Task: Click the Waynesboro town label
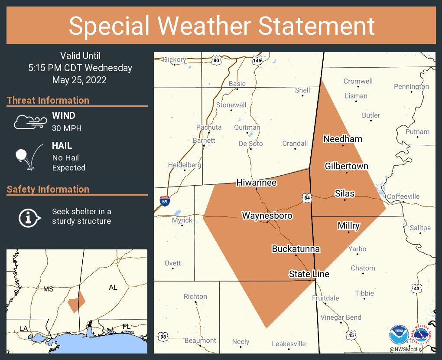point(267,216)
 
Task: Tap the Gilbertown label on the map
point(347,166)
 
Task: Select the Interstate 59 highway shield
point(165,201)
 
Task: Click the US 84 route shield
point(307,198)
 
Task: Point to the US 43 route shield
point(416,288)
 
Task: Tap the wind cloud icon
point(29,122)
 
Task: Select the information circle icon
point(29,217)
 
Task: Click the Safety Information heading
point(48,189)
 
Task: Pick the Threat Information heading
point(48,100)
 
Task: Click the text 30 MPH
point(67,128)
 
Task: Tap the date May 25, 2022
point(79,80)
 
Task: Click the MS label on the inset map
point(48,289)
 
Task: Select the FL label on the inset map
point(126,326)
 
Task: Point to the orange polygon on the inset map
point(76,302)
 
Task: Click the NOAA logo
point(398,334)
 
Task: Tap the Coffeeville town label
point(403,196)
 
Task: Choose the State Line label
point(309,274)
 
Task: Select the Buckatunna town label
point(296,249)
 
